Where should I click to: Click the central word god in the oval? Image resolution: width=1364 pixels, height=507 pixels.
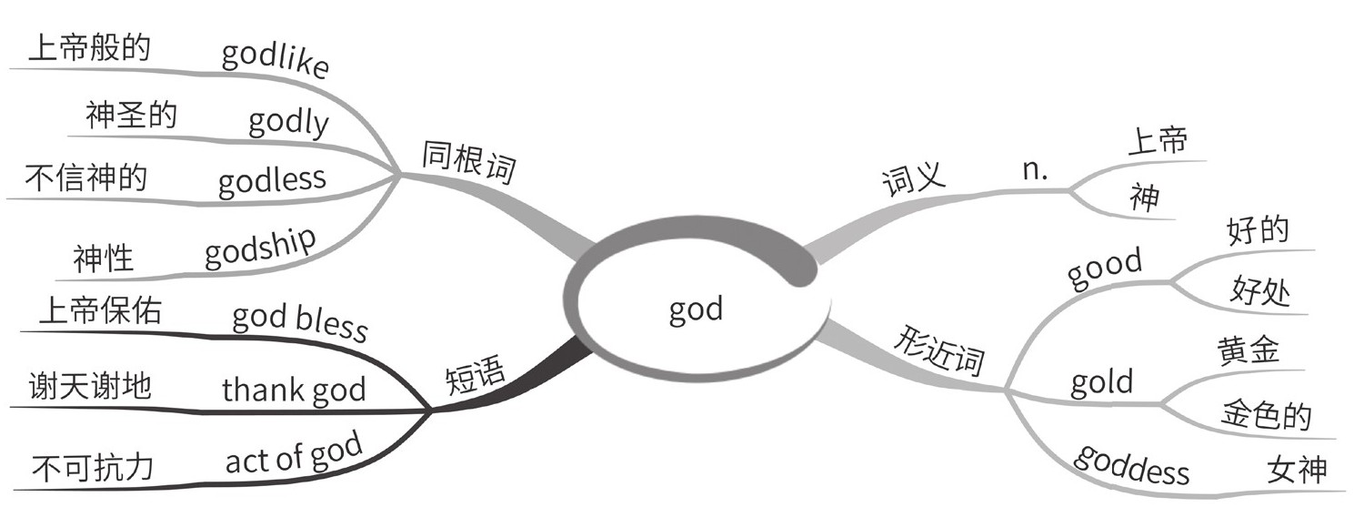click(x=696, y=309)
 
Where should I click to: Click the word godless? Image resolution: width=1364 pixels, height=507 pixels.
click(x=271, y=178)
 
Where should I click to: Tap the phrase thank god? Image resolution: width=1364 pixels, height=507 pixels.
click(x=294, y=390)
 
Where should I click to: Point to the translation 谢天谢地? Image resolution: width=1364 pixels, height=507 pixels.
click(x=91, y=389)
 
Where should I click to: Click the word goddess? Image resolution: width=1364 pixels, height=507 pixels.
click(x=1132, y=463)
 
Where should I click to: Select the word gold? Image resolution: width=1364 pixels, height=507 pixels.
click(x=1102, y=382)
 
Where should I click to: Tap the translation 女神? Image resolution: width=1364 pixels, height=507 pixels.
click(x=1296, y=471)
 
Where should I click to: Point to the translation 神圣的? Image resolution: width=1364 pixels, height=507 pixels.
click(x=132, y=116)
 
